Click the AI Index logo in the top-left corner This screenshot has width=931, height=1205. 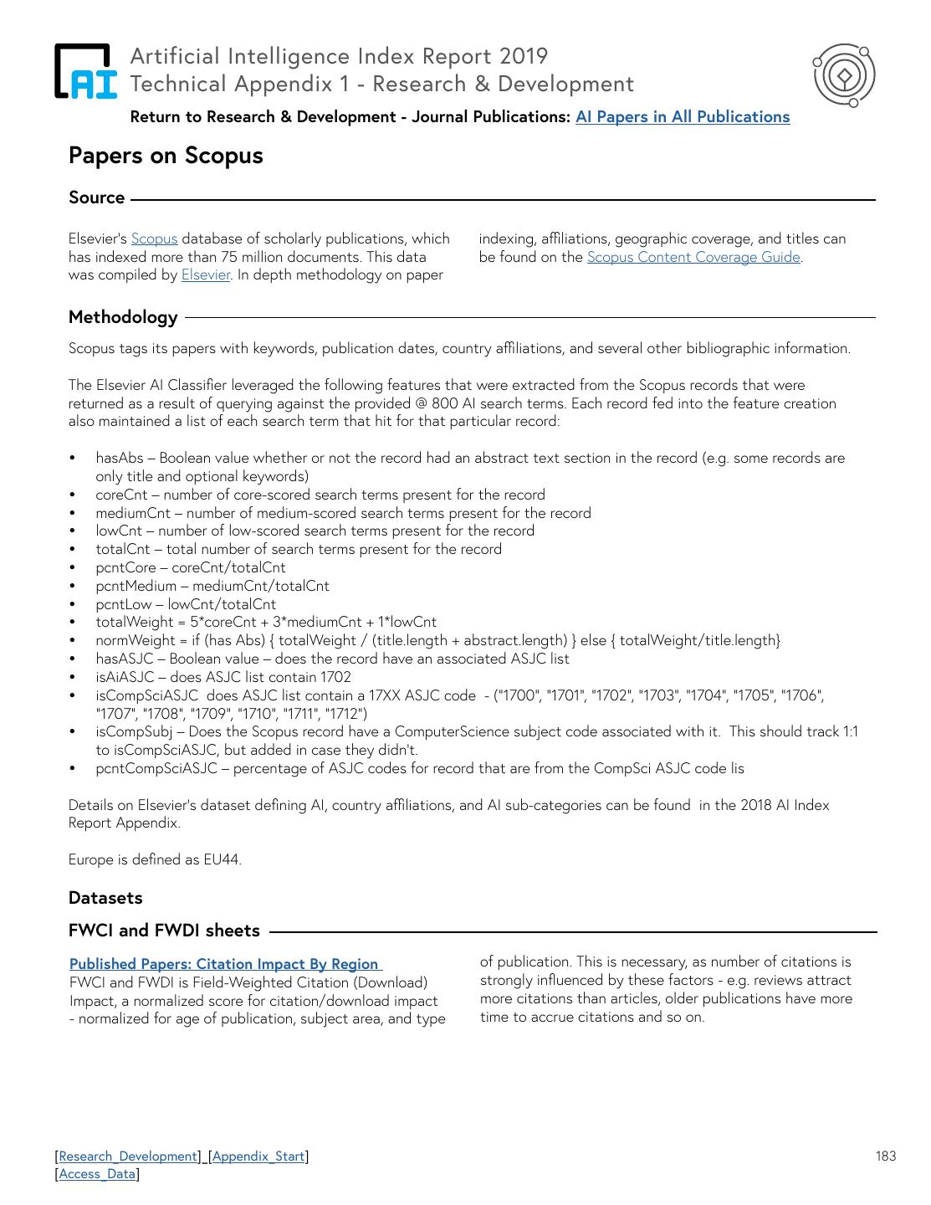point(85,71)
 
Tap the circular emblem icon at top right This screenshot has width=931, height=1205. point(844,75)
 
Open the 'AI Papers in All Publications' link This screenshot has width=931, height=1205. point(682,117)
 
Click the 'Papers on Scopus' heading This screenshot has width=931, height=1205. point(166,156)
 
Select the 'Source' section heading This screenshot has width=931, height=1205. point(96,197)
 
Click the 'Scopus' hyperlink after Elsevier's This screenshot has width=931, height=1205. point(154,239)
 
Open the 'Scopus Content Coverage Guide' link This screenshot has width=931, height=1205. point(693,257)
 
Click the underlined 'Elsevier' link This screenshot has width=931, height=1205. point(206,274)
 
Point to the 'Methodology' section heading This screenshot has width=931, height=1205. point(123,317)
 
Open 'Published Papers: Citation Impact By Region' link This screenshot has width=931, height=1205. point(224,964)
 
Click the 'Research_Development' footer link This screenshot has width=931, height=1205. point(128,1156)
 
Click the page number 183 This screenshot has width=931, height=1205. point(886,1156)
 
